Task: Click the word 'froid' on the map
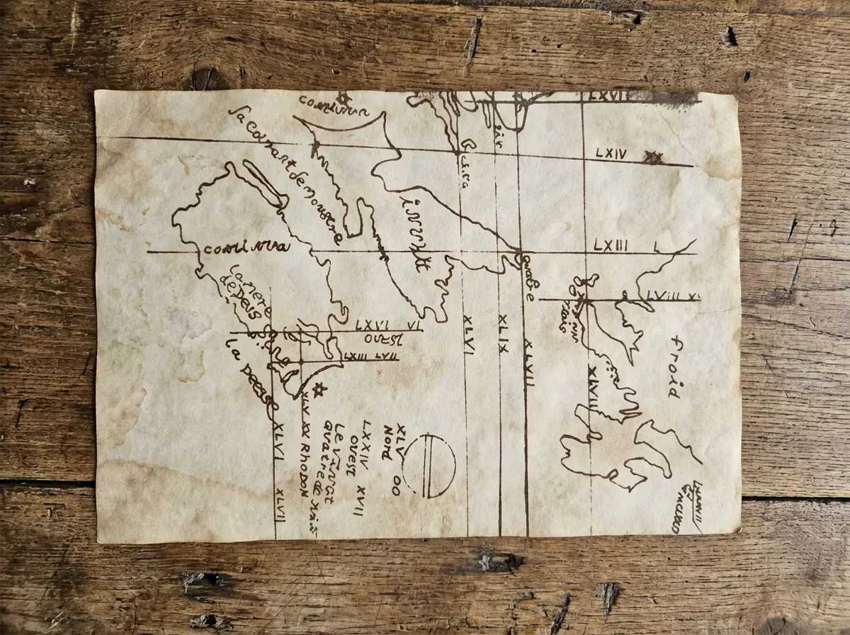coord(674,366)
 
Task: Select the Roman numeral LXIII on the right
coord(611,245)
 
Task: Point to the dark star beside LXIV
coord(652,158)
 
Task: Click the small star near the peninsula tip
coord(319,388)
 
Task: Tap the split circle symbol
coord(429,466)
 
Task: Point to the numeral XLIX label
coord(503,333)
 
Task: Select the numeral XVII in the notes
coord(359,500)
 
